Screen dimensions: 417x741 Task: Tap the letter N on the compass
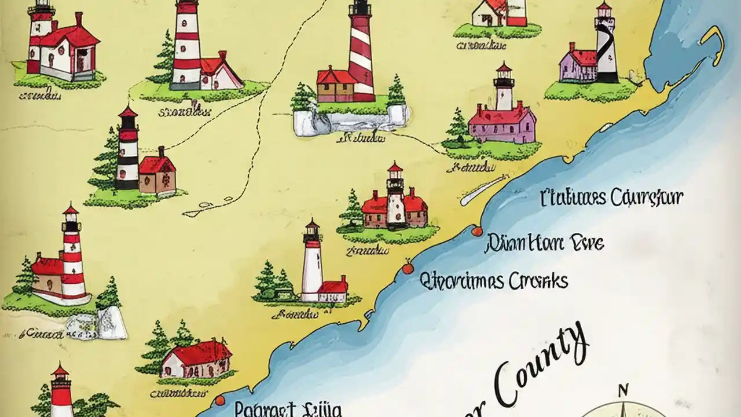pos(623,390)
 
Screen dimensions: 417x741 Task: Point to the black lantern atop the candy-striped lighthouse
pos(360,8)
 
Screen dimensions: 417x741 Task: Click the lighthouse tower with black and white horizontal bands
pos(127,152)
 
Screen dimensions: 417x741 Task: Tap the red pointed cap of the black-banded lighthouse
pos(127,111)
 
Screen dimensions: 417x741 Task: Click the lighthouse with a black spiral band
pos(606,46)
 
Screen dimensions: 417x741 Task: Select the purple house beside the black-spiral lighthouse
pos(578,65)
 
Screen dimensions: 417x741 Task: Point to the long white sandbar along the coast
pos(484,190)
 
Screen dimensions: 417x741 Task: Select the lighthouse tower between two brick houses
pos(396,197)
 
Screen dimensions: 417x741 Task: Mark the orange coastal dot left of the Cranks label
pos(407,268)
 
